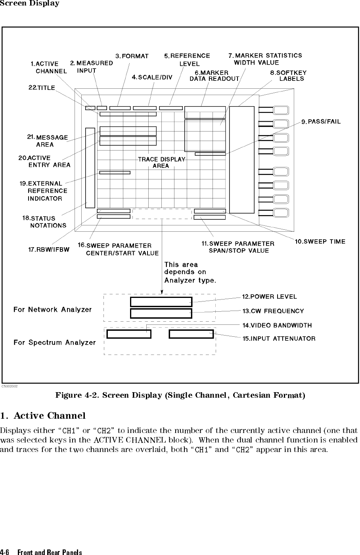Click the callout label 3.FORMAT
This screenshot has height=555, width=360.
pos(132,56)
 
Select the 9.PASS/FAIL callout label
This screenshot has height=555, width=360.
pos(321,122)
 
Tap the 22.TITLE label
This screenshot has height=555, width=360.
pos(42,88)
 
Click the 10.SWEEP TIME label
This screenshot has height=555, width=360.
pos(320,242)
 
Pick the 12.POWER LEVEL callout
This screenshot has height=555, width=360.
pos(270,297)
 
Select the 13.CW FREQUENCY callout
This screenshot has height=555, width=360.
pos(273,311)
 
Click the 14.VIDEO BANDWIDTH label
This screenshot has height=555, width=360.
pos(277,325)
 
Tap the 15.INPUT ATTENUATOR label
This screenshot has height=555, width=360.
pos(279,339)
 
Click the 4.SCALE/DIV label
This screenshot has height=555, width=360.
pos(152,77)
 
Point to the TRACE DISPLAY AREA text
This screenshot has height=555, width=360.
pos(161,162)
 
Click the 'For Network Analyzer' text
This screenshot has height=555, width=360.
pos(52,309)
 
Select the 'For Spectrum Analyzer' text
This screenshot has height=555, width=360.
pos(55,342)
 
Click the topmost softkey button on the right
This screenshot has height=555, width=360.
pos(281,110)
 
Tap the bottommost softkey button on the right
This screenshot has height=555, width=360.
pos(281,213)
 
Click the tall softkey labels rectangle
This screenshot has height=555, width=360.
pos(241,159)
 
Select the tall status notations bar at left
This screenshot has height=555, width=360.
pos(90,168)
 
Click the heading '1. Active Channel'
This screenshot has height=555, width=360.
pos(43,416)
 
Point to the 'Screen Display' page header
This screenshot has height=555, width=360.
pos(30,4)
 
